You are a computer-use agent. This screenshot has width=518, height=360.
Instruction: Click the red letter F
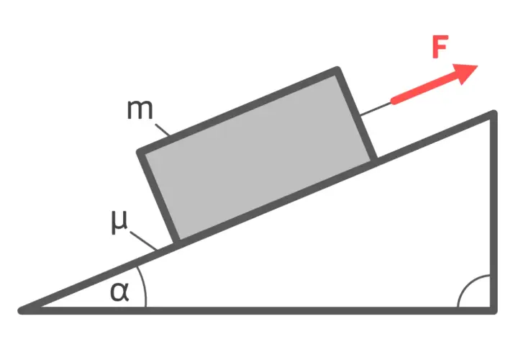[440, 47]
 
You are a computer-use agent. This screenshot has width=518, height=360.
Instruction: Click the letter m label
[140, 109]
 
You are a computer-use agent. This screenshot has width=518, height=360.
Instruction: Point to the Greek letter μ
[119, 222]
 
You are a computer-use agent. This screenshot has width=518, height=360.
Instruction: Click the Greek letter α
[119, 292]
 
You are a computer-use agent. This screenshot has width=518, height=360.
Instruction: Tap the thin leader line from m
[163, 130]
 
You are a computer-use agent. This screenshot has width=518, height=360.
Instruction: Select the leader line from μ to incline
[143, 240]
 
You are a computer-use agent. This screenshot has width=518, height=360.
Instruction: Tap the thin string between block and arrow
[376, 109]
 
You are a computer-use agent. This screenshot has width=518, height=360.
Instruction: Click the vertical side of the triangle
[494, 212]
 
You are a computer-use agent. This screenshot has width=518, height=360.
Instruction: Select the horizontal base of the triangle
[258, 310]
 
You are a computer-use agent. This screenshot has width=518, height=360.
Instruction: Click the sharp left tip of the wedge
[19, 311]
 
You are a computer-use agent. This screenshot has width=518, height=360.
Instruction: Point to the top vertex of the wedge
[494, 112]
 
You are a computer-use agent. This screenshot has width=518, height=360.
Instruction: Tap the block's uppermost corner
[337, 69]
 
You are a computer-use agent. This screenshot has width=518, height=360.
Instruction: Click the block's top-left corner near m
[140, 152]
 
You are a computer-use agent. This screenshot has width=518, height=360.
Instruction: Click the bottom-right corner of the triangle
[494, 312]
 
